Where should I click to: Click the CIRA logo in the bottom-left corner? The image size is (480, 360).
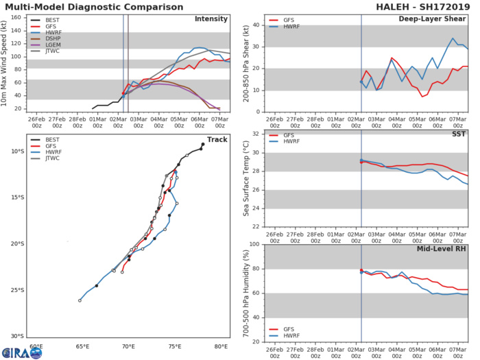click(x=21, y=353)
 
